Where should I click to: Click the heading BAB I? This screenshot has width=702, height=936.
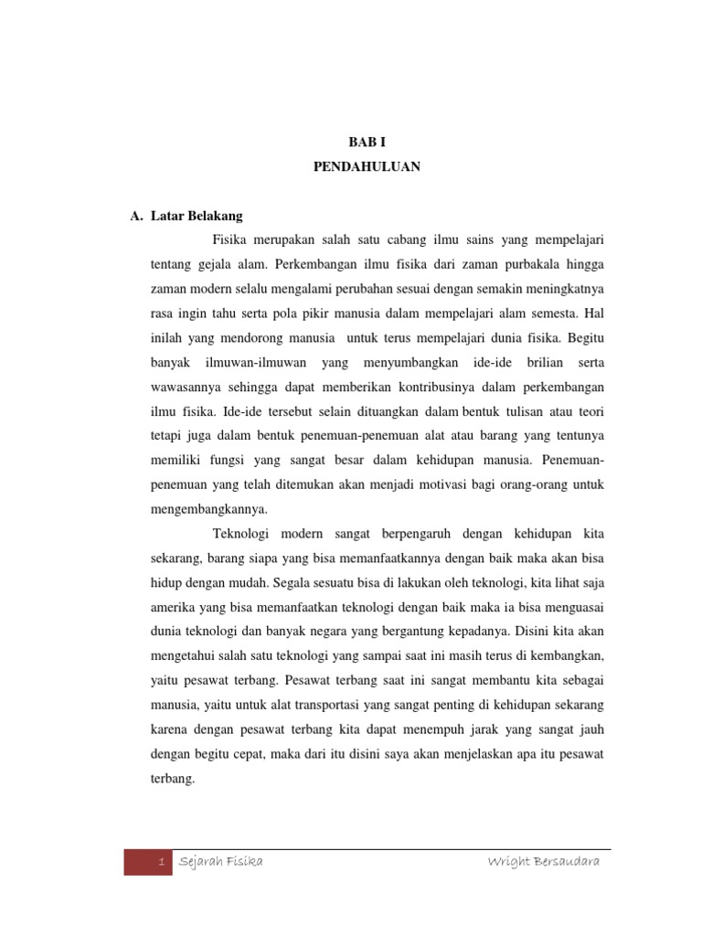[367, 142]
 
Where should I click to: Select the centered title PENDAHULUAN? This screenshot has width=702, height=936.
[367, 168]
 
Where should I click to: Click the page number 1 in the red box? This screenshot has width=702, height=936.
[161, 862]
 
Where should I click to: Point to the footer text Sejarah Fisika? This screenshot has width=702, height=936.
[221, 862]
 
